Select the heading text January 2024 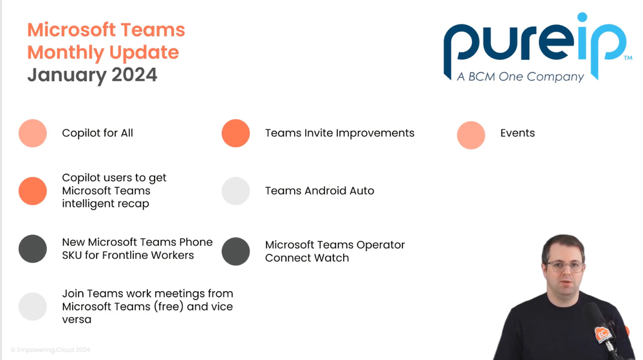click(92, 75)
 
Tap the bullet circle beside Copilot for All click(33, 133)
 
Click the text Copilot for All click(97, 133)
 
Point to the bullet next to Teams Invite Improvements click(236, 133)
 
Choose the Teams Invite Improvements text click(339, 133)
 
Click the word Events click(517, 133)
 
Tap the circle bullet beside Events click(471, 135)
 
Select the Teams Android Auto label click(319, 191)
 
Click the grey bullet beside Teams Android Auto click(236, 191)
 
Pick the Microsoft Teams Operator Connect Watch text click(335, 251)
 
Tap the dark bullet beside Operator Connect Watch click(236, 251)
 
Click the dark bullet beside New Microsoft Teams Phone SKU click(33, 249)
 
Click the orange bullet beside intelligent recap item click(33, 191)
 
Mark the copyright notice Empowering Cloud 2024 click(50, 350)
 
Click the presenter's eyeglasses click(564, 267)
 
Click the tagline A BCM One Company click(520, 77)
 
